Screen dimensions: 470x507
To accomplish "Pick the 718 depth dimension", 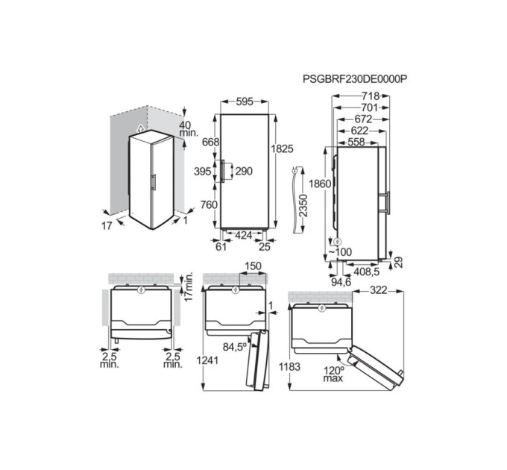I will pos(370,96).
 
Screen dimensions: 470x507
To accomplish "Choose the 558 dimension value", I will pos(357,141).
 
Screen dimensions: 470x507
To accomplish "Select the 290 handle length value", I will pos(244,172).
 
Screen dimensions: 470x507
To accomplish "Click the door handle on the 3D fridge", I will pos(152,183).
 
